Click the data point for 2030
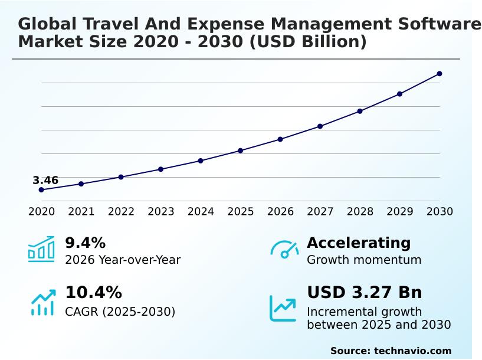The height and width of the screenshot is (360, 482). click(440, 74)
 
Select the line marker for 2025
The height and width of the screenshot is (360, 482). click(241, 150)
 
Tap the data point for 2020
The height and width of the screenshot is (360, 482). click(41, 190)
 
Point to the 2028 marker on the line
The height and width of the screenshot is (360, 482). click(360, 111)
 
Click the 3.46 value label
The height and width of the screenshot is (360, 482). click(45, 181)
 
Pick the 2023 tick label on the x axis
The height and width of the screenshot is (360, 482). click(161, 212)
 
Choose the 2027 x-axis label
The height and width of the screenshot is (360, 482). click(320, 212)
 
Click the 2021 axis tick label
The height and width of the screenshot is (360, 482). click(81, 212)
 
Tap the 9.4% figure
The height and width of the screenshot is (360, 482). click(85, 243)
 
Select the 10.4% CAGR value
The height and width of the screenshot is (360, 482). click(93, 293)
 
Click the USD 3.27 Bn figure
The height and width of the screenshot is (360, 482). click(364, 293)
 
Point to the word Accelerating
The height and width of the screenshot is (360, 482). click(359, 243)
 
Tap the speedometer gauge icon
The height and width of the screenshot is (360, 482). click(284, 249)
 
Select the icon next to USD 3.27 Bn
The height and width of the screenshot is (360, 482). click(283, 308)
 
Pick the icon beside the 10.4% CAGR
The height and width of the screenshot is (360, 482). click(42, 302)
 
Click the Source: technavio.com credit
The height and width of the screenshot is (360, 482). click(391, 351)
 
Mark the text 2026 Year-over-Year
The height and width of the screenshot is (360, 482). click(123, 260)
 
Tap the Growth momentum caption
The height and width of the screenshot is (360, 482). click(364, 260)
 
